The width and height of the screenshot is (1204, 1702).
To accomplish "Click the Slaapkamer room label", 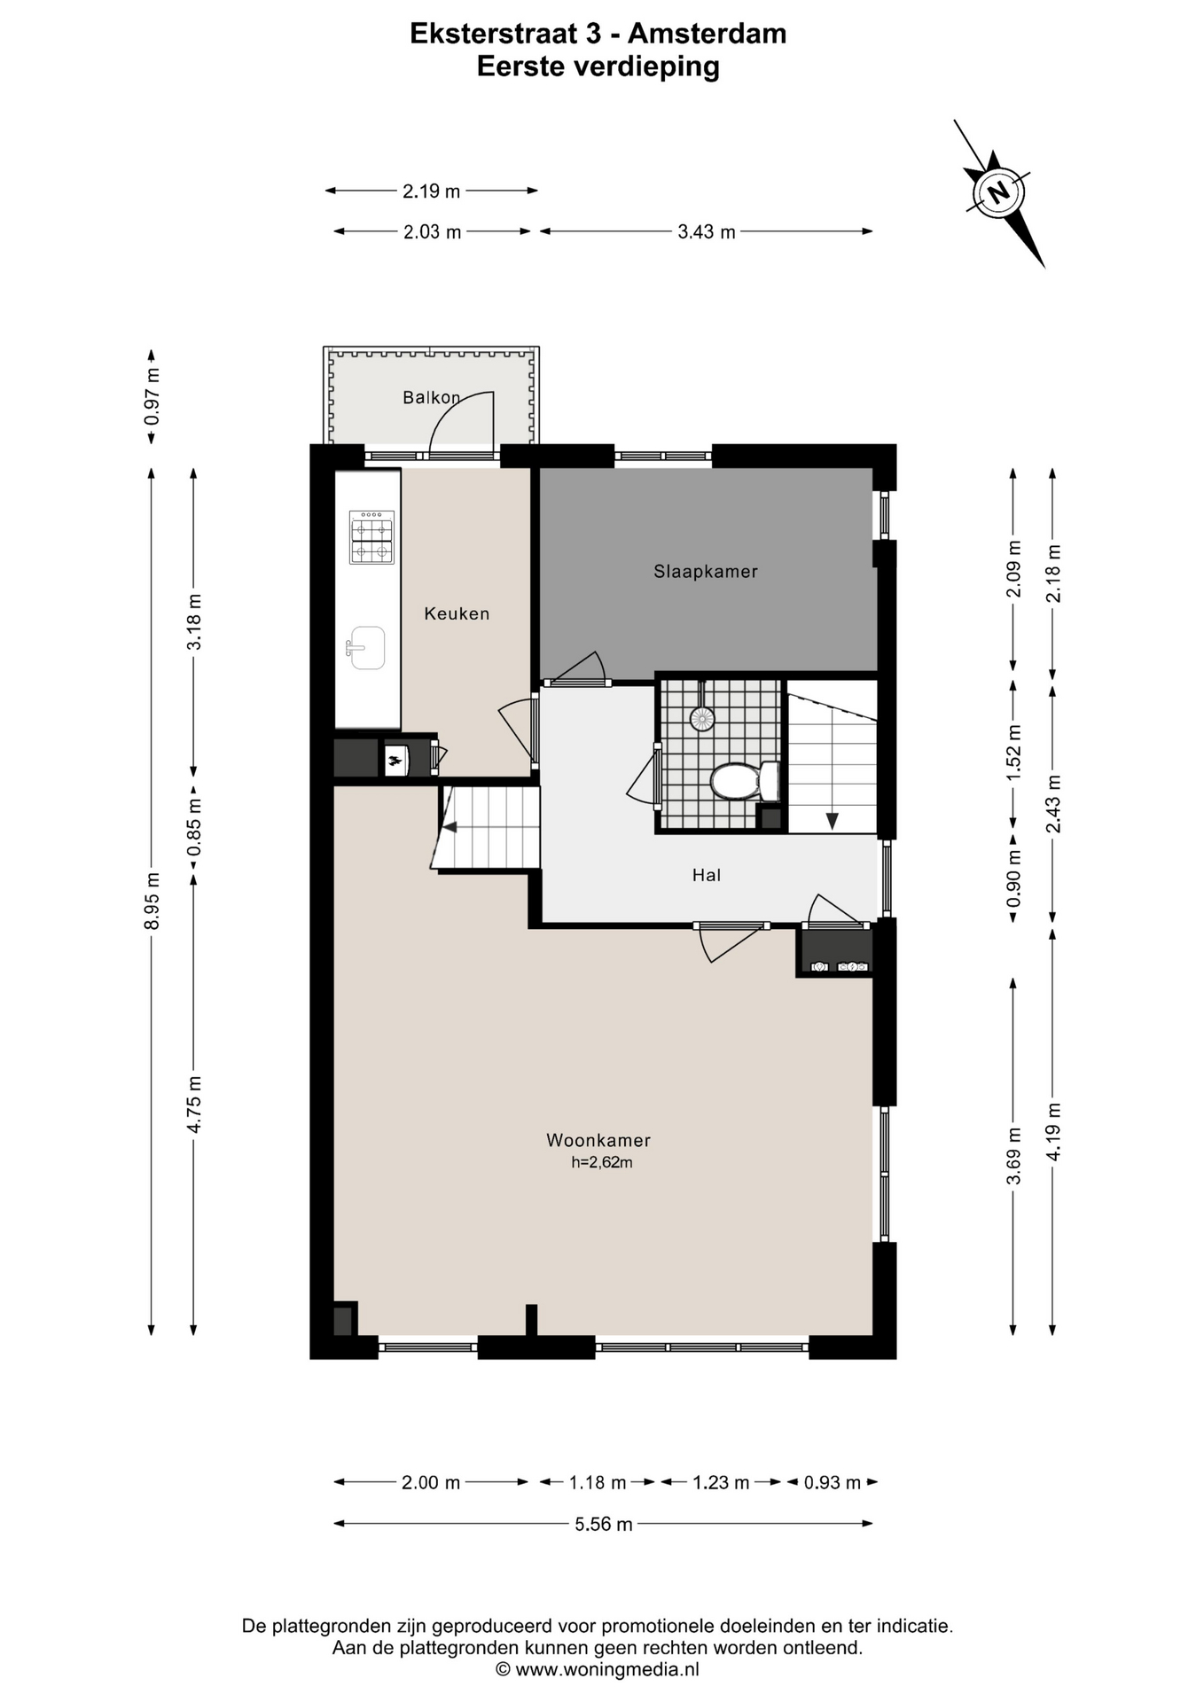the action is pos(706,572).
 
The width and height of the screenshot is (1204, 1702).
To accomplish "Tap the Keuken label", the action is pos(457,613).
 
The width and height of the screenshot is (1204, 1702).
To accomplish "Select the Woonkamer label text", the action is pos(598,1141).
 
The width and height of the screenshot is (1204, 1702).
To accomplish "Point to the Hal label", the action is pos(707,875).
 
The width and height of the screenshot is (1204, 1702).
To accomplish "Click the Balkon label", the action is pos(432,397).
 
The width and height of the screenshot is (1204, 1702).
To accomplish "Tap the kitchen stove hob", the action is pos(371,538).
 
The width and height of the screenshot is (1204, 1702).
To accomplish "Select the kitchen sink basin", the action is pos(366,647).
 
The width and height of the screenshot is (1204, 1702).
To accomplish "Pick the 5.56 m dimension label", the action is pos(604,1524).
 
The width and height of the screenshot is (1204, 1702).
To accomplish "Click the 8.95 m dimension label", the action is pos(152,901).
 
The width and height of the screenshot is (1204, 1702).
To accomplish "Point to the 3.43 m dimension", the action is pos(707,231).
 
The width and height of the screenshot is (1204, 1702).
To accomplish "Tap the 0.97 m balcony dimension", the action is pos(152,395).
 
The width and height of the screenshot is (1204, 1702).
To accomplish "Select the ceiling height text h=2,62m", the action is pos(602,1163).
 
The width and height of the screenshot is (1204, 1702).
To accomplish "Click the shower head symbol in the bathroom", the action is pos(702,717).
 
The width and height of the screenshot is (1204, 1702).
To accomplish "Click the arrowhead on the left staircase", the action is pos(450,827).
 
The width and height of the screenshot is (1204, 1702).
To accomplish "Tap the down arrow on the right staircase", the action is pos(832,821).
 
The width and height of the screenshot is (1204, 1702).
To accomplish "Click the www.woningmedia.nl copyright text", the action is pos(598,1670).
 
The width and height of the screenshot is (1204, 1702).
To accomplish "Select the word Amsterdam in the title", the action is pos(707,34).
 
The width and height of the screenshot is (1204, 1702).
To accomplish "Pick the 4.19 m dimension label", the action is pos(1053,1131).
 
